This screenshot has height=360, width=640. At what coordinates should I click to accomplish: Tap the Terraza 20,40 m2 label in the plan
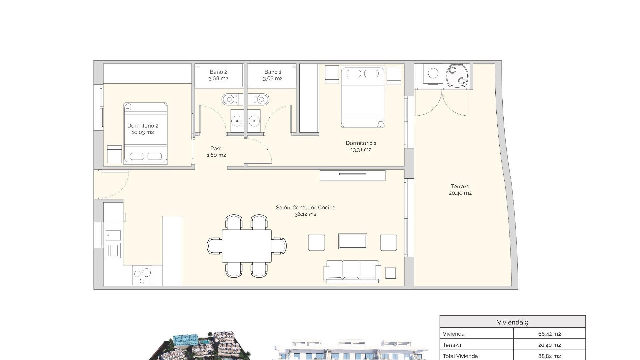coord(460,190)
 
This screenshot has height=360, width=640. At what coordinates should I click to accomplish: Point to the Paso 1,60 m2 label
coord(216,152)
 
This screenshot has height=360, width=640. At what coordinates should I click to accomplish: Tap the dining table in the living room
coord(247,246)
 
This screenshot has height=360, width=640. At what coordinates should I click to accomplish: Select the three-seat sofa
coord(353,271)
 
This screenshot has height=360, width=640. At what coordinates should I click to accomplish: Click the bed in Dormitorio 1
coord(363,97)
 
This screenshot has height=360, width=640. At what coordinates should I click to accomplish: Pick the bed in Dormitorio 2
coord(145,133)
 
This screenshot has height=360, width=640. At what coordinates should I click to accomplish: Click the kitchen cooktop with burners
coord(142,275)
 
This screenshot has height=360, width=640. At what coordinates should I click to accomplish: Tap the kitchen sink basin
coord(113,236)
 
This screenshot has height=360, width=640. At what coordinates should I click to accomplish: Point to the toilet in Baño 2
coord(230,99)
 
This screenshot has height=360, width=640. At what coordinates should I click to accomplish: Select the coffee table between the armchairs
coord(352,241)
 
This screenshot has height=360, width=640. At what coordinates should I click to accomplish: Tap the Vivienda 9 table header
coord(512,322)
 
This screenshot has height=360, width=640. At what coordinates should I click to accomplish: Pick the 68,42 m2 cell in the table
coord(549,334)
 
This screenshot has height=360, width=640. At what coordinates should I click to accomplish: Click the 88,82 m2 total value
coord(549,356)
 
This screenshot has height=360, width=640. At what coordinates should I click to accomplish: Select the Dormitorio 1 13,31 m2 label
coord(361,146)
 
